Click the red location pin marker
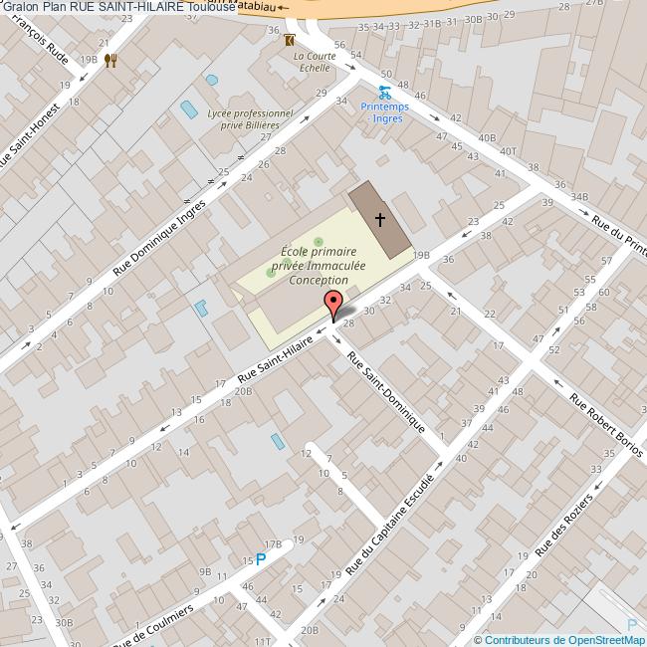pos(333,303)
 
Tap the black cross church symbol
pos(379,219)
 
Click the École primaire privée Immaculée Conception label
pos(319,267)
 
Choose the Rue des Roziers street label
pos(564,524)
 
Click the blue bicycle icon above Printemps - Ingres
pos(383,93)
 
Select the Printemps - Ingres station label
pos(382,111)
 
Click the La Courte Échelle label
pos(312,62)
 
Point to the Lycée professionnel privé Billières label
pos(250,120)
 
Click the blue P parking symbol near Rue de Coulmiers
pos(261,559)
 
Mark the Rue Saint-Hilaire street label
pos(276,361)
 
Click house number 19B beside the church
pos(421,255)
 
